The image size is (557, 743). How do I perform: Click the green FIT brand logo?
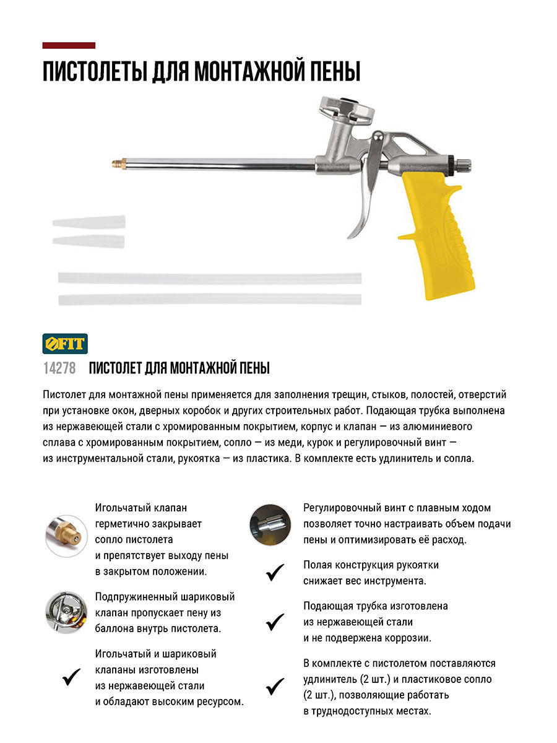[65, 343]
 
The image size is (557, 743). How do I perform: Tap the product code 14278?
[59, 368]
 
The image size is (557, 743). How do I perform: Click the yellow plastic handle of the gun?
[440, 235]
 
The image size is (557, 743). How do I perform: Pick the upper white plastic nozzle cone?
[89, 222]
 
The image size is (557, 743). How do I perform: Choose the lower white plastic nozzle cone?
[88, 240]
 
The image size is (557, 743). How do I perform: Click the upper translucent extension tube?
[210, 279]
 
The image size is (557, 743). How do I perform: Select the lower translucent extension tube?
[210, 299]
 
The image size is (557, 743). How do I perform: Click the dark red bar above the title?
[69, 45]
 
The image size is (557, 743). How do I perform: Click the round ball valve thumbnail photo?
[66, 612]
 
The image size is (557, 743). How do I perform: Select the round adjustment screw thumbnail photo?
[269, 524]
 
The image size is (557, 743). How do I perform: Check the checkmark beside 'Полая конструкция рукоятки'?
[275, 573]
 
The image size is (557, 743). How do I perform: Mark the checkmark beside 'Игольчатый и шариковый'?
[72, 677]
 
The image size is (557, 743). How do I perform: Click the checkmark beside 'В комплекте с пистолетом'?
[275, 686]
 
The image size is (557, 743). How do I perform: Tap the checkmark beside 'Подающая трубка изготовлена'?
[275, 622]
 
